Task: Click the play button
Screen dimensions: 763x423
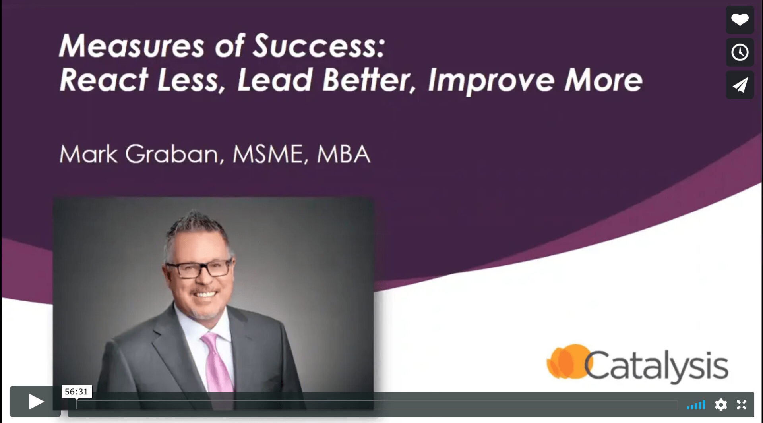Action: coord(36,402)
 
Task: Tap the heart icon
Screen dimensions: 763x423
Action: coord(740,19)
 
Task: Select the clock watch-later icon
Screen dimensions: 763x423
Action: coord(740,52)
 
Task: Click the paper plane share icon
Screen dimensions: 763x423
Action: coord(740,85)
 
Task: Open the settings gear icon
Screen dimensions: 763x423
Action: coord(720,405)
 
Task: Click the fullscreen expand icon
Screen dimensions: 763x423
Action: coord(742,405)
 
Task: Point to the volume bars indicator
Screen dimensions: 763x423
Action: coord(696,405)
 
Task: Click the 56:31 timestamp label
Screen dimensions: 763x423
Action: coord(76,392)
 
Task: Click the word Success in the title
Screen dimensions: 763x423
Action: coord(319,46)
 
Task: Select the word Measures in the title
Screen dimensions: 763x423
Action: coord(132,46)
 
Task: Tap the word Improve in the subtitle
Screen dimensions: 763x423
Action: coord(491,81)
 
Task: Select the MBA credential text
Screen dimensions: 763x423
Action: coord(344,154)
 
